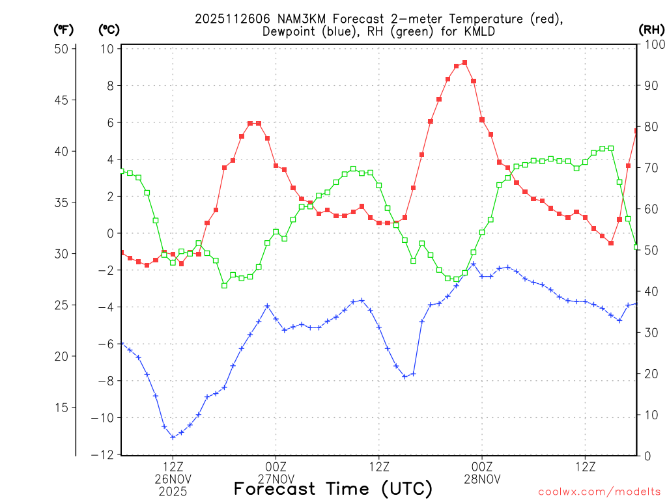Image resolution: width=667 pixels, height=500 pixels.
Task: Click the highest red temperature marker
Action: click(x=464, y=62)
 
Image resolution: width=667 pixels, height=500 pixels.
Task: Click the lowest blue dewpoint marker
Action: click(x=173, y=437)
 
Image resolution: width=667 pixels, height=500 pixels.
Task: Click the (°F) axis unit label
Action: click(x=63, y=29)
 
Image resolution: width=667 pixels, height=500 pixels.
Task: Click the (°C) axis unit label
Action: click(x=108, y=29)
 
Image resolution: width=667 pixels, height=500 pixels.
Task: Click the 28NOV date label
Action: click(x=482, y=479)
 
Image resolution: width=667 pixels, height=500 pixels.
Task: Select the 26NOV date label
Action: click(x=173, y=479)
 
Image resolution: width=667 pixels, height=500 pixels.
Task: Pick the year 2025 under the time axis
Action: click(x=173, y=492)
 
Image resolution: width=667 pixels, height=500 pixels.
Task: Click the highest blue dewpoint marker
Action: click(x=474, y=264)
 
